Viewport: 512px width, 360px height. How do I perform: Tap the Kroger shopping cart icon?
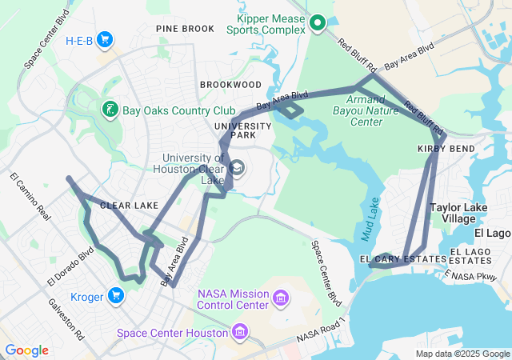[117, 297]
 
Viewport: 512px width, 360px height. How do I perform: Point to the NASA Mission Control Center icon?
[281, 299]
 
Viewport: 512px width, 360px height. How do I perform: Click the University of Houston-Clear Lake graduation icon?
[238, 168]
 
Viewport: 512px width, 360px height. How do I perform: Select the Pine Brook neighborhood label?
[185, 29]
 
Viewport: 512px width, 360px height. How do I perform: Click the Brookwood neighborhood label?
[230, 84]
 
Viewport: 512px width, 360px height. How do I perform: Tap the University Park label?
[234, 130]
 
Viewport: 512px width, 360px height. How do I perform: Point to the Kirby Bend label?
[446, 149]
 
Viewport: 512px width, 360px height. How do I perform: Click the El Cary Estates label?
[402, 259]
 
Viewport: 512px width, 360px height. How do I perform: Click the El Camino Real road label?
[30, 197]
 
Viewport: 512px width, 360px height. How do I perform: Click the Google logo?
[26, 350]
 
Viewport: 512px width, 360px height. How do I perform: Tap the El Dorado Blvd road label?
[70, 266]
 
